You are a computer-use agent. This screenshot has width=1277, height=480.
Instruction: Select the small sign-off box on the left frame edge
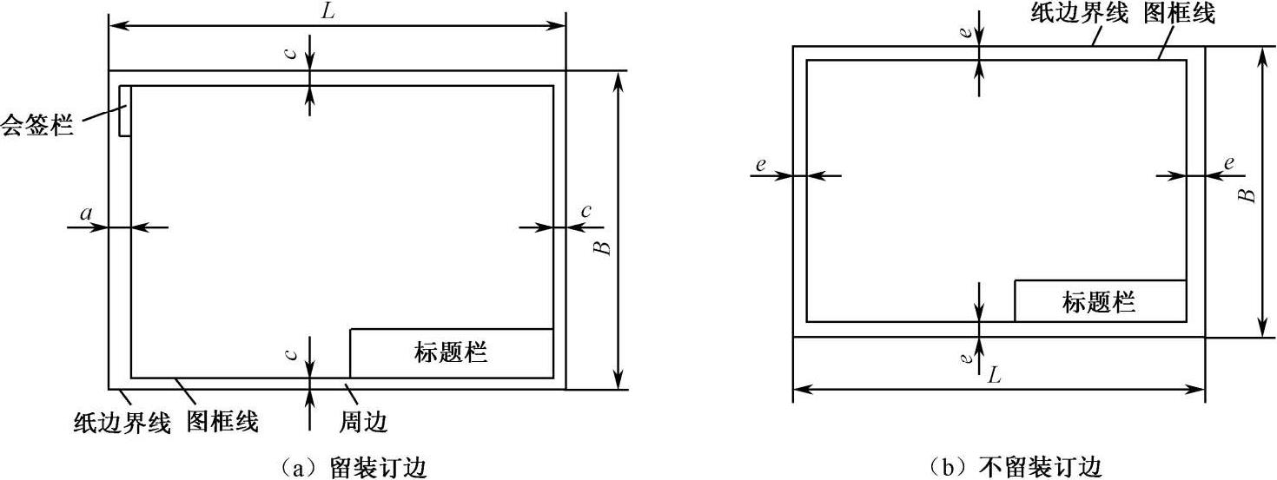[x=125, y=110]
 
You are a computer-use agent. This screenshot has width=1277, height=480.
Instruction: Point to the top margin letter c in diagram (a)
[x=294, y=53]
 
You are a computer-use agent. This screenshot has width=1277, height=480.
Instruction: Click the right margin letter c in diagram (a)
[x=586, y=210]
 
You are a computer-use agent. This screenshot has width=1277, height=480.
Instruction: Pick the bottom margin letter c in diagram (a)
[x=294, y=353]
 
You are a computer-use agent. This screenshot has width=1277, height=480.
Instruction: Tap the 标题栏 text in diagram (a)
[x=451, y=353]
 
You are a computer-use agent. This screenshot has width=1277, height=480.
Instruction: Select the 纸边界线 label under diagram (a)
[x=121, y=423]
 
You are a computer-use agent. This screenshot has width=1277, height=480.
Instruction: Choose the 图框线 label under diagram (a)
[x=222, y=423]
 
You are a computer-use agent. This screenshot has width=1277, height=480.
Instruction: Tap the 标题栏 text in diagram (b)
[x=1099, y=302]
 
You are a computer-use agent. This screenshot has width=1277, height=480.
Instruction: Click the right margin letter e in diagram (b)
[x=1229, y=162]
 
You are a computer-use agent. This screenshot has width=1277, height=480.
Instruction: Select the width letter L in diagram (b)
[x=994, y=376]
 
